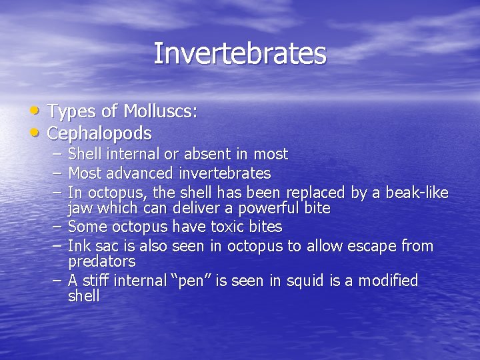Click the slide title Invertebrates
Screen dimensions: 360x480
[x=240, y=54]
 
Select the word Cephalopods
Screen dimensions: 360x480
[x=99, y=133]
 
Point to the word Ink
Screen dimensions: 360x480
[x=79, y=247]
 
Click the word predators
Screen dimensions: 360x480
[x=101, y=261]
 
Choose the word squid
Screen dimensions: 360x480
[x=304, y=281]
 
